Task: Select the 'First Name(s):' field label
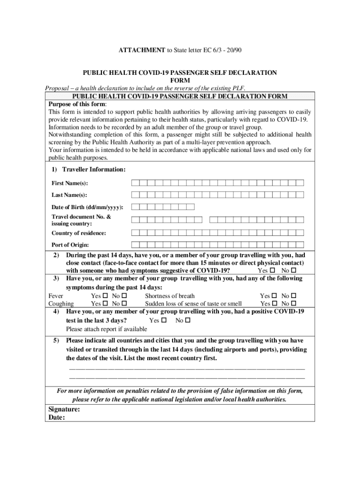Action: [x=70, y=183]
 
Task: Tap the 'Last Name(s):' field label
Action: [x=69, y=195]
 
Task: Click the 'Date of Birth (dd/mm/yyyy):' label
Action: [x=87, y=207]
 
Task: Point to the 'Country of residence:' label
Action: [x=79, y=233]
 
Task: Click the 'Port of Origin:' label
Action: [x=70, y=245]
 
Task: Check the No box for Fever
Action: [x=124, y=296]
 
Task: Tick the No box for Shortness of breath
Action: [x=294, y=296]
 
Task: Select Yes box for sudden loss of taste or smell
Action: [x=274, y=304]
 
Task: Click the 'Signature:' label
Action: [x=64, y=409]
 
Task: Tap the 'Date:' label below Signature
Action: [x=57, y=418]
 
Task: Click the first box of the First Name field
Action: [x=135, y=183]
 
